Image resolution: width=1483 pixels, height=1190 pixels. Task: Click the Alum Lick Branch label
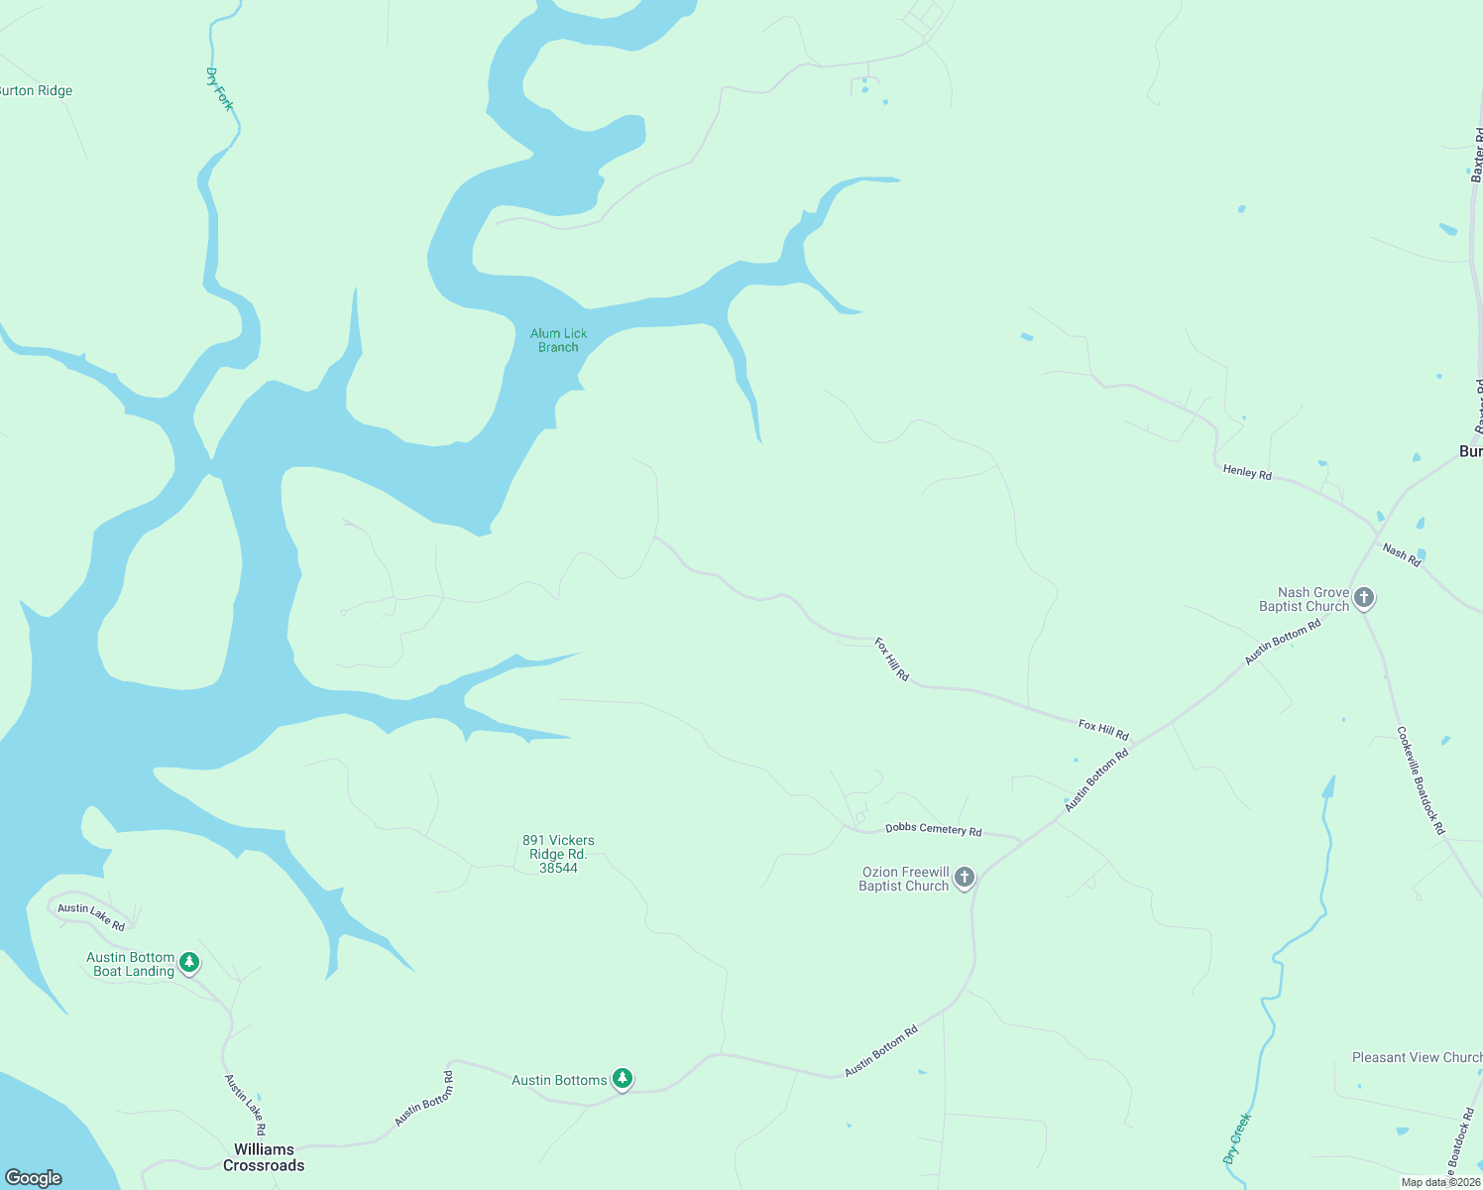pyautogui.click(x=558, y=340)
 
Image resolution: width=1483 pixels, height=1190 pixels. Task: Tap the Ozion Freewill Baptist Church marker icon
pyautogui.click(x=964, y=878)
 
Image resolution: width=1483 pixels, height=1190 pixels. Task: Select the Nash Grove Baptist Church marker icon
pyautogui.click(x=1364, y=598)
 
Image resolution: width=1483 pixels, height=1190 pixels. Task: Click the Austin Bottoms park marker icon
pyautogui.click(x=622, y=1078)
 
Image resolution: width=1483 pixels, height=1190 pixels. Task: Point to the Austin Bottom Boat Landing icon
pyautogui.click(x=189, y=962)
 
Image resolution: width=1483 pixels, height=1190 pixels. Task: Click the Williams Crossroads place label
pyautogui.click(x=264, y=1157)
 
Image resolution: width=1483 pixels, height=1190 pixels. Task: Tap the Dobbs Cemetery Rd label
pyautogui.click(x=933, y=829)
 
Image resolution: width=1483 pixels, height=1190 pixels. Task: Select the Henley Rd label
pyautogui.click(x=1247, y=472)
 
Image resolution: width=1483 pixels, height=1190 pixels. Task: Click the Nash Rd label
pyautogui.click(x=1401, y=555)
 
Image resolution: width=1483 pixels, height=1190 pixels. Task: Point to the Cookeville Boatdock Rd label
pyautogui.click(x=1421, y=780)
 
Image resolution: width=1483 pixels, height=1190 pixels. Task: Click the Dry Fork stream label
pyautogui.click(x=219, y=89)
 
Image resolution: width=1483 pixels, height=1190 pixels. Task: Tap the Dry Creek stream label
pyautogui.click(x=1237, y=1137)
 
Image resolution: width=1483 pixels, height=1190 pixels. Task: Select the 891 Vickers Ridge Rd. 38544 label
pyautogui.click(x=558, y=854)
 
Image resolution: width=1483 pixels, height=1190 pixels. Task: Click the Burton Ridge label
pyautogui.click(x=36, y=91)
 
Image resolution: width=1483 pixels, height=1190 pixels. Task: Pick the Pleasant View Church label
pyautogui.click(x=1417, y=1057)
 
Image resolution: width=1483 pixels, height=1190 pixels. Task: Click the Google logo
pyautogui.click(x=34, y=1177)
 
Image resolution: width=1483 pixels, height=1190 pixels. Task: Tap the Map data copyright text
pyautogui.click(x=1440, y=1182)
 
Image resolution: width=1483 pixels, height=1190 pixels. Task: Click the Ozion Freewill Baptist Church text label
pyautogui.click(x=903, y=879)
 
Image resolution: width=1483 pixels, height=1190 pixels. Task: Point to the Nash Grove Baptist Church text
pyautogui.click(x=1304, y=599)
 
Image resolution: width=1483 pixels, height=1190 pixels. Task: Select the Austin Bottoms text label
pyautogui.click(x=559, y=1080)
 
